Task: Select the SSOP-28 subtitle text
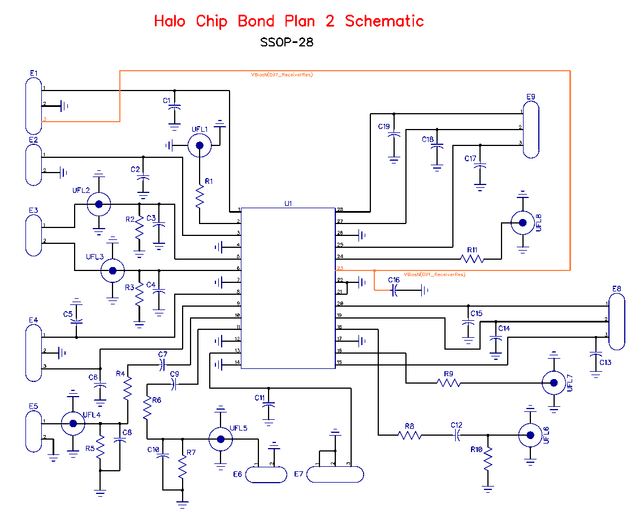tap(287, 42)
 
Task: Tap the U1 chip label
tap(288, 203)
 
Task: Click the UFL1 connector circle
tap(200, 146)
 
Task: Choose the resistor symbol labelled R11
tap(473, 259)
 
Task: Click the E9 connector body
tap(530, 130)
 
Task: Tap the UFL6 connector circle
tap(530, 435)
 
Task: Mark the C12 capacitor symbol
tap(457, 435)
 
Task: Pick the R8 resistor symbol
tap(409, 435)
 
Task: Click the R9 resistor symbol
tap(448, 383)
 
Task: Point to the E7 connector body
tap(335, 475)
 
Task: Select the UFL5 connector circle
tap(220, 438)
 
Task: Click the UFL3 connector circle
tap(113, 271)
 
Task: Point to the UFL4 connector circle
tap(72, 423)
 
